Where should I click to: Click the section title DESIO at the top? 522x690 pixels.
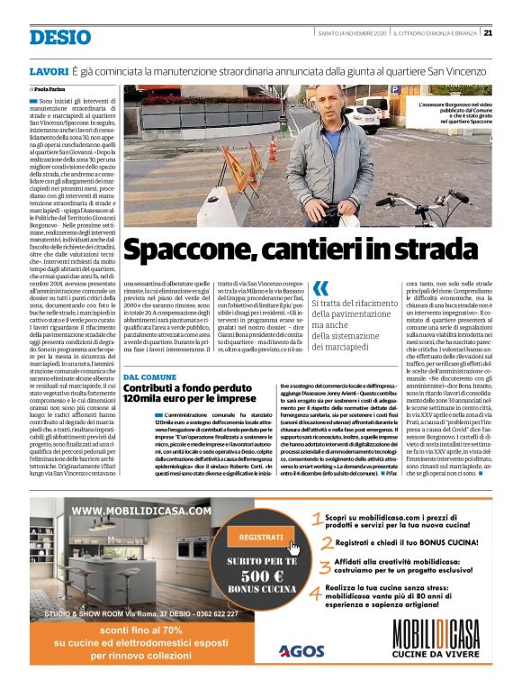(59, 37)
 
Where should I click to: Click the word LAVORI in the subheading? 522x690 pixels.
(49, 70)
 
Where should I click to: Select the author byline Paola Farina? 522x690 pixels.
(55, 90)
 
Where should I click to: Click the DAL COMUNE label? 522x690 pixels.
(149, 377)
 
